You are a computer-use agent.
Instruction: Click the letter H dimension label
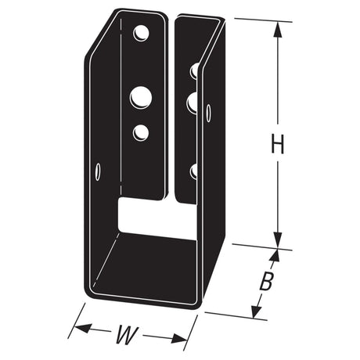click(276, 145)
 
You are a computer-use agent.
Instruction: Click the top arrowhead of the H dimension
click(276, 28)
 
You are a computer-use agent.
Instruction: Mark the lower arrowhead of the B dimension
click(255, 311)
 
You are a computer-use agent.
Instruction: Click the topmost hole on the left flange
click(141, 34)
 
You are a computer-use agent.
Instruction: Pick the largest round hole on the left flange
click(140, 96)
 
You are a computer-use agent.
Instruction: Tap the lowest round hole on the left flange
click(141, 132)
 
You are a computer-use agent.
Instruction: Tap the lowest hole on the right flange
click(193, 170)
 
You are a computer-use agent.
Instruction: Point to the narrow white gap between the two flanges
click(171, 110)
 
